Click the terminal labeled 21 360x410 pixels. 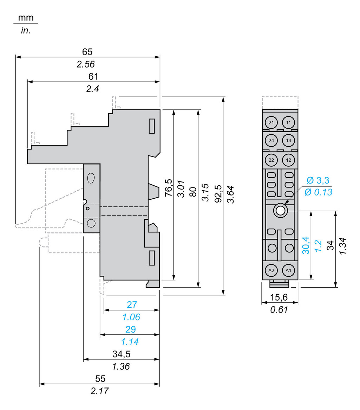(x=271, y=123)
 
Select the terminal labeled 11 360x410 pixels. (x=288, y=123)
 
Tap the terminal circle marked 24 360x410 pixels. (x=271, y=141)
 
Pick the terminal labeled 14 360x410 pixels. (x=288, y=141)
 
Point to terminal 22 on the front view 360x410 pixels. (x=271, y=160)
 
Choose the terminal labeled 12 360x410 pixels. (x=288, y=160)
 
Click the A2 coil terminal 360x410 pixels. (x=271, y=270)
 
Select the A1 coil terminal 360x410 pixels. (x=288, y=270)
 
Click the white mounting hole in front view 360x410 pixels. (x=280, y=211)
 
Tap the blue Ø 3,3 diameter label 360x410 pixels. (x=318, y=181)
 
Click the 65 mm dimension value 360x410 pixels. (x=87, y=52)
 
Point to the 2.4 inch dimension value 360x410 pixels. (x=93, y=89)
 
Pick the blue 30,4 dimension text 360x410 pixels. (x=306, y=245)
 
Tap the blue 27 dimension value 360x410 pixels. (x=132, y=305)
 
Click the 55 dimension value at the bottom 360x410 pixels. (x=100, y=379)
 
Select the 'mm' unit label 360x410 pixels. (x=26, y=18)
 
